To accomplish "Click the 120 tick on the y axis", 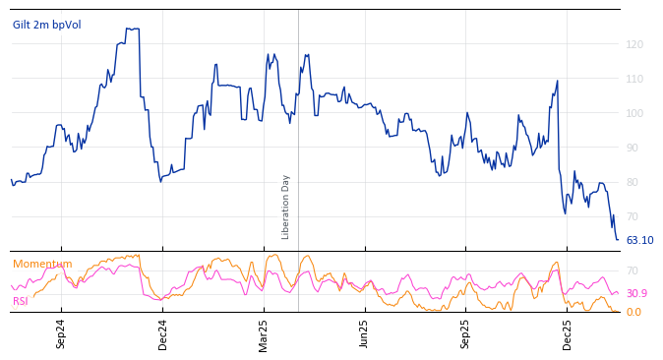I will [x=635, y=44].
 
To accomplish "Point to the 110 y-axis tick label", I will [x=635, y=79].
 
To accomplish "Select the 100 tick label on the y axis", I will [x=635, y=113].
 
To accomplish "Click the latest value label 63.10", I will [x=639, y=240].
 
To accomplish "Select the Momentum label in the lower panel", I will [x=42, y=264].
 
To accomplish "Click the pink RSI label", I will [x=21, y=301].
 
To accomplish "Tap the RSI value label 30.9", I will [x=636, y=293].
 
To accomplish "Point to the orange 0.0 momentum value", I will [x=633, y=312].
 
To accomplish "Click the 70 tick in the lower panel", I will [x=633, y=270].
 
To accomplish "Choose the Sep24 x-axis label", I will [x=61, y=334].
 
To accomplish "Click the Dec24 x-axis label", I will [x=163, y=334].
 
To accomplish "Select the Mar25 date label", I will [x=264, y=334].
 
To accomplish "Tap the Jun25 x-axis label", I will [x=364, y=334].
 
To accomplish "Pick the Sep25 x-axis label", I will [x=465, y=334].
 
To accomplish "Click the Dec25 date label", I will [x=567, y=334].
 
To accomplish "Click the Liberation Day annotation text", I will [x=286, y=207].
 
